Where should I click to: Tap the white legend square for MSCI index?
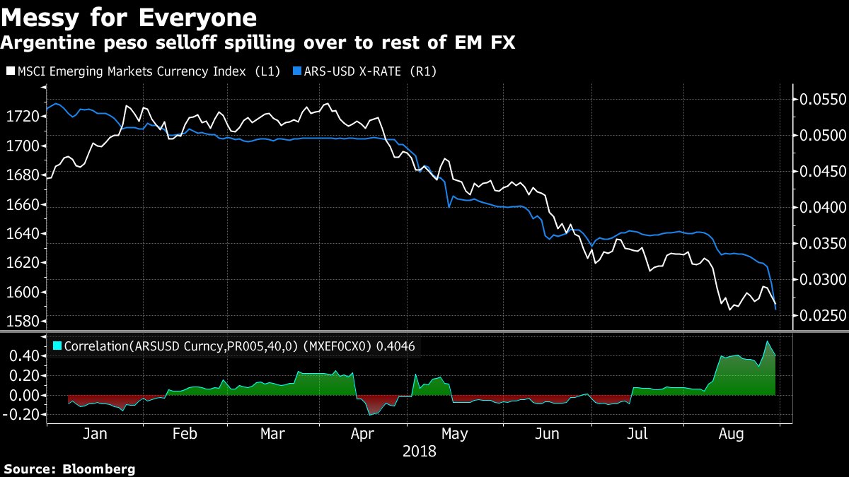[9, 71]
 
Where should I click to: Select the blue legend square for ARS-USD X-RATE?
[298, 71]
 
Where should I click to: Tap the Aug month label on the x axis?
[730, 433]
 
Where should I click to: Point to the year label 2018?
[419, 450]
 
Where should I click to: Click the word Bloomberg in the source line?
[99, 469]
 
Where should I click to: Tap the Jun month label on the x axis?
[548, 433]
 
